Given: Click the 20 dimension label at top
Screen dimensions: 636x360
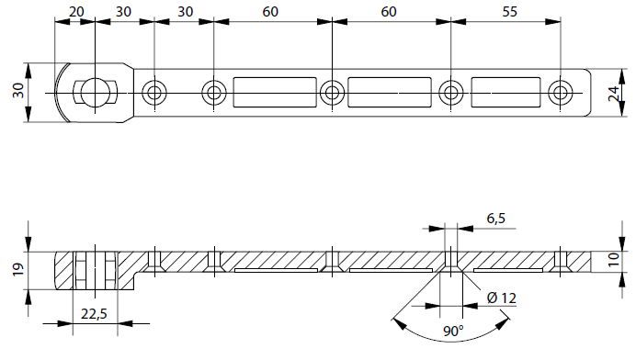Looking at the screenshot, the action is (76, 12).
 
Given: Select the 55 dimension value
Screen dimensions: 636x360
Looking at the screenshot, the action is (509, 12).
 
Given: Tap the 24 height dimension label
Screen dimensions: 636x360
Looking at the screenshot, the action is (614, 94).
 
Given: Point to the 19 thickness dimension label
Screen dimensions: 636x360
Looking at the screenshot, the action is (18, 270).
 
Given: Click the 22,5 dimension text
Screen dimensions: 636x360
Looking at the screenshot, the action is (94, 314).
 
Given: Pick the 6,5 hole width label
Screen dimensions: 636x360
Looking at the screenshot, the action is (496, 219).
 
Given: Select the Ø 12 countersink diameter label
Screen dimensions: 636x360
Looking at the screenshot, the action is (502, 298).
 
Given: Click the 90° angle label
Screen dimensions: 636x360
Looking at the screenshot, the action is (453, 332).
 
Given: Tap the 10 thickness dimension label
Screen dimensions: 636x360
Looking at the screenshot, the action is (614, 259).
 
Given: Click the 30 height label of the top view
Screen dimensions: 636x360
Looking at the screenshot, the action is (18, 90).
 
